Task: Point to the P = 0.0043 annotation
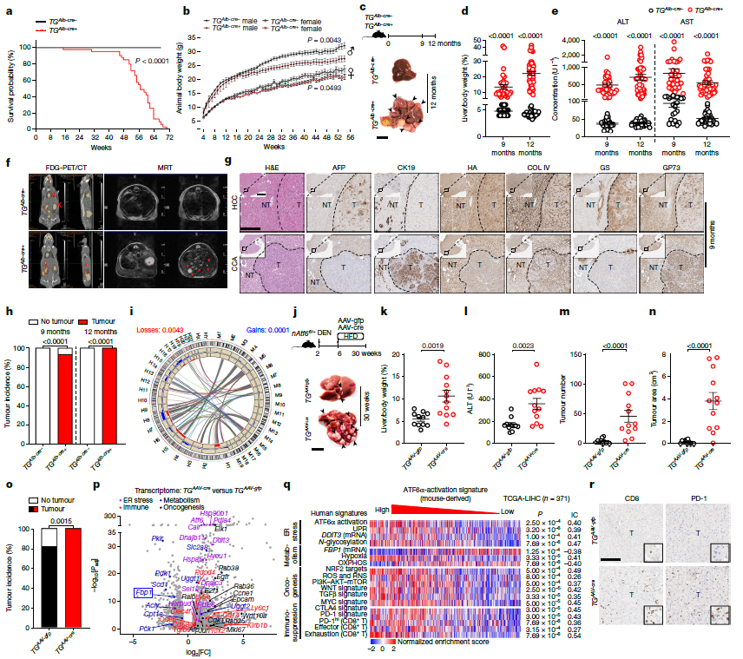[307, 41]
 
